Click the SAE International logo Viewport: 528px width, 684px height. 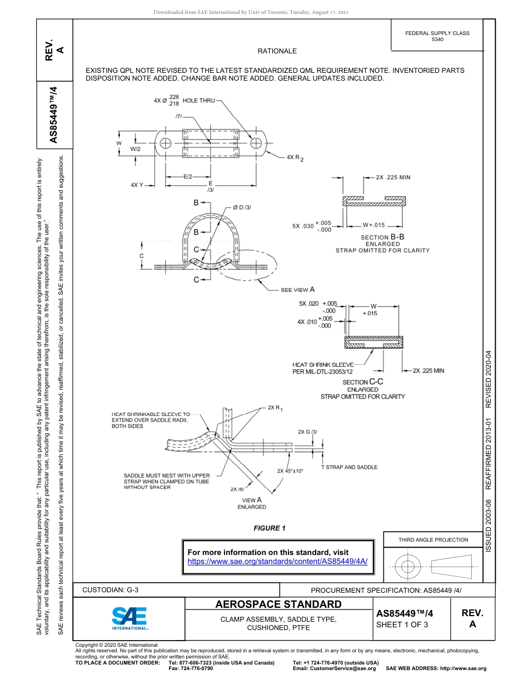pos(129,618)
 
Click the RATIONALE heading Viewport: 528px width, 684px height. pos(277,51)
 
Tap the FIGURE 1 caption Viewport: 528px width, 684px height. pos(269,528)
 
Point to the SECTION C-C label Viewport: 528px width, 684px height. pos(363,382)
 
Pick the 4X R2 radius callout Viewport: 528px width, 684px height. pos(295,158)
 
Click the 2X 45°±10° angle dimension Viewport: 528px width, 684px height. pos(290,471)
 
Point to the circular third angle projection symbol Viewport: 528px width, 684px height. pos(408,567)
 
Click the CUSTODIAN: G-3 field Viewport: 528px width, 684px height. pos(110,589)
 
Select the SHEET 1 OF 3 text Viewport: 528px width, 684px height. pos(402,624)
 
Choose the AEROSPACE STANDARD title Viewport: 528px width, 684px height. pos(278,604)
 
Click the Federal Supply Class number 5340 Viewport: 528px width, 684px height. pos(437,40)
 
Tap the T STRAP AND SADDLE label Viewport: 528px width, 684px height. pos(349,467)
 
